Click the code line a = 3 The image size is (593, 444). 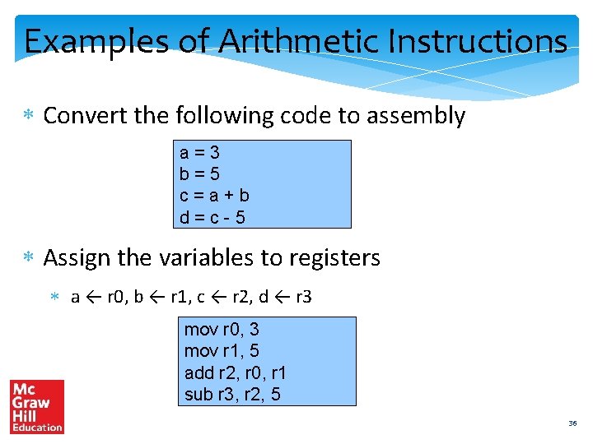point(200,153)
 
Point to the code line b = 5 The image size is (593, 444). point(200,174)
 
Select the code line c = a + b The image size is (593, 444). point(215,196)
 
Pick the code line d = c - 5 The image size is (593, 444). point(212,218)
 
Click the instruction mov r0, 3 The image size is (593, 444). point(222,330)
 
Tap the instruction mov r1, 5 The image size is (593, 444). point(222,351)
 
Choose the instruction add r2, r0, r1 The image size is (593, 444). point(236,373)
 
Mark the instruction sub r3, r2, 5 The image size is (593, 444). point(232,395)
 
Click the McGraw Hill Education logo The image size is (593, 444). point(36,406)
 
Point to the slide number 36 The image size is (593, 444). point(572,423)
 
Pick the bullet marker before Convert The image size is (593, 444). point(29,117)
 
